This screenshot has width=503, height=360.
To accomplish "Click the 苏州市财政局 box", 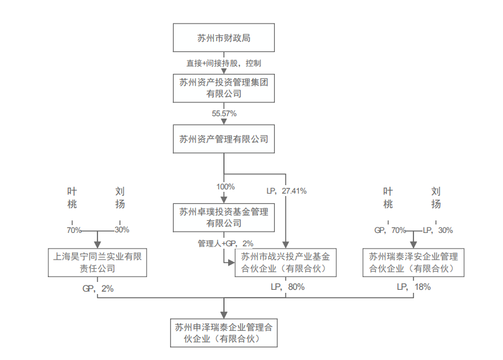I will click(224, 38).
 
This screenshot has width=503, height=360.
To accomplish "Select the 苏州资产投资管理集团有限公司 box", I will click(224, 88).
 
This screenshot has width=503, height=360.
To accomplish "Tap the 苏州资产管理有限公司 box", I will click(224, 139).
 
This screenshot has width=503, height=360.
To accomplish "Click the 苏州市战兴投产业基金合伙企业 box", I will click(285, 262).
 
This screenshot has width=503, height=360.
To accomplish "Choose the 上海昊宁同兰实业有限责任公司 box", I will click(97, 262).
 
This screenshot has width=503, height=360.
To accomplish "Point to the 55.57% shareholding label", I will click(224, 114).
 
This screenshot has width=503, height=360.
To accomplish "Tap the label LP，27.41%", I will click(286, 191).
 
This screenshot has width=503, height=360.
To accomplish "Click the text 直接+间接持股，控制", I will click(224, 63).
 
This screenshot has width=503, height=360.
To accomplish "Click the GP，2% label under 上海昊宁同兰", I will click(98, 289).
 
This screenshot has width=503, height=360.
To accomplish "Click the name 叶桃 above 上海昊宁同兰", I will click(73, 197).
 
